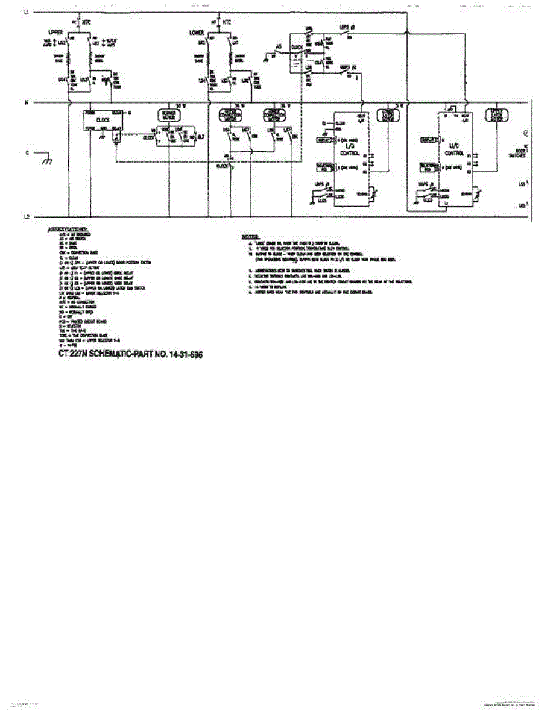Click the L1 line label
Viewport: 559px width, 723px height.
26,13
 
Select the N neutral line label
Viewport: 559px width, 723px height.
26,103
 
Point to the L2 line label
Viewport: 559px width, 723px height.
26,216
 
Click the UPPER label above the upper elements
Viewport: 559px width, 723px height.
55,31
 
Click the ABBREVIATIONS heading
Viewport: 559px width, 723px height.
68,230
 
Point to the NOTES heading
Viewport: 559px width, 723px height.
250,237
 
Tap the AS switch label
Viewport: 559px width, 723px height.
279,46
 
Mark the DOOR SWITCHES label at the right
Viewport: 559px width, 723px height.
523,152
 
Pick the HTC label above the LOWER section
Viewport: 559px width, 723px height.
226,22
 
